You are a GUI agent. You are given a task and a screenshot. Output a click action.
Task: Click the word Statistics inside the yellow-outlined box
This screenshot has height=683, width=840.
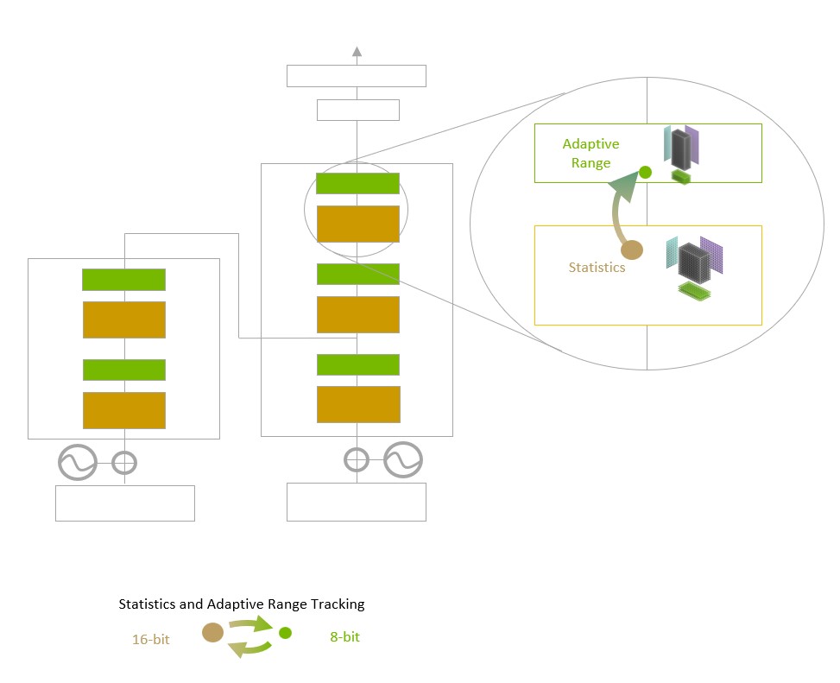point(597,268)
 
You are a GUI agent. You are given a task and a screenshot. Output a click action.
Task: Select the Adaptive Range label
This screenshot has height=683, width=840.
point(591,154)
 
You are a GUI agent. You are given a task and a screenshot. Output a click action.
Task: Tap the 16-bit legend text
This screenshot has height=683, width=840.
point(152,640)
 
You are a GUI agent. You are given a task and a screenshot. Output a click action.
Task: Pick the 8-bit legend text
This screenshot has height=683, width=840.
point(344,637)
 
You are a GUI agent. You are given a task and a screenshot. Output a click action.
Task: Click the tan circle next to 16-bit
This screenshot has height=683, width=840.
point(212,633)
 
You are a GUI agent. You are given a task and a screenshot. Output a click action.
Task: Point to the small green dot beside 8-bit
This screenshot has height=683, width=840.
point(286,633)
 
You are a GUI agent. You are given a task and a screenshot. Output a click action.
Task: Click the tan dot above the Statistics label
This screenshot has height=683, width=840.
point(633,250)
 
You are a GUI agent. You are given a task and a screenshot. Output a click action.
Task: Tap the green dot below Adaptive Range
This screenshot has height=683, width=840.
point(645,172)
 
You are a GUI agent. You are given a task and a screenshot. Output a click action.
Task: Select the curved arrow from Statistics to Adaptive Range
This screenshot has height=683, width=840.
point(621,207)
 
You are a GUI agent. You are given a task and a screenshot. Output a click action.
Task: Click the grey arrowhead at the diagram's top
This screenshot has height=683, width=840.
point(357,52)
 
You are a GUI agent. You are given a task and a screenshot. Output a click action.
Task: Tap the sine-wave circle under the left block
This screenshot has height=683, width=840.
point(78,463)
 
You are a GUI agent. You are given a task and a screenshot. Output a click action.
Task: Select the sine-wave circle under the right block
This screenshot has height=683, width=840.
point(403,460)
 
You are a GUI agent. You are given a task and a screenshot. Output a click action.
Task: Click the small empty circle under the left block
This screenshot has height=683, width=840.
point(125,463)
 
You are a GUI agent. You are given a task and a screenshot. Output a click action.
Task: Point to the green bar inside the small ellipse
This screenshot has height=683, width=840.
point(357,184)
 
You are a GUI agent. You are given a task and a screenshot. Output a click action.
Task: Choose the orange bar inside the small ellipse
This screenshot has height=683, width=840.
point(357,224)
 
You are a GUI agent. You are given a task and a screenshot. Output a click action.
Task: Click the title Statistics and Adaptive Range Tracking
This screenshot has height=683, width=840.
point(242,604)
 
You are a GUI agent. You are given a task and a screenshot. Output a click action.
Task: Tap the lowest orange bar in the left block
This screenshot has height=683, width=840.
point(123,410)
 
